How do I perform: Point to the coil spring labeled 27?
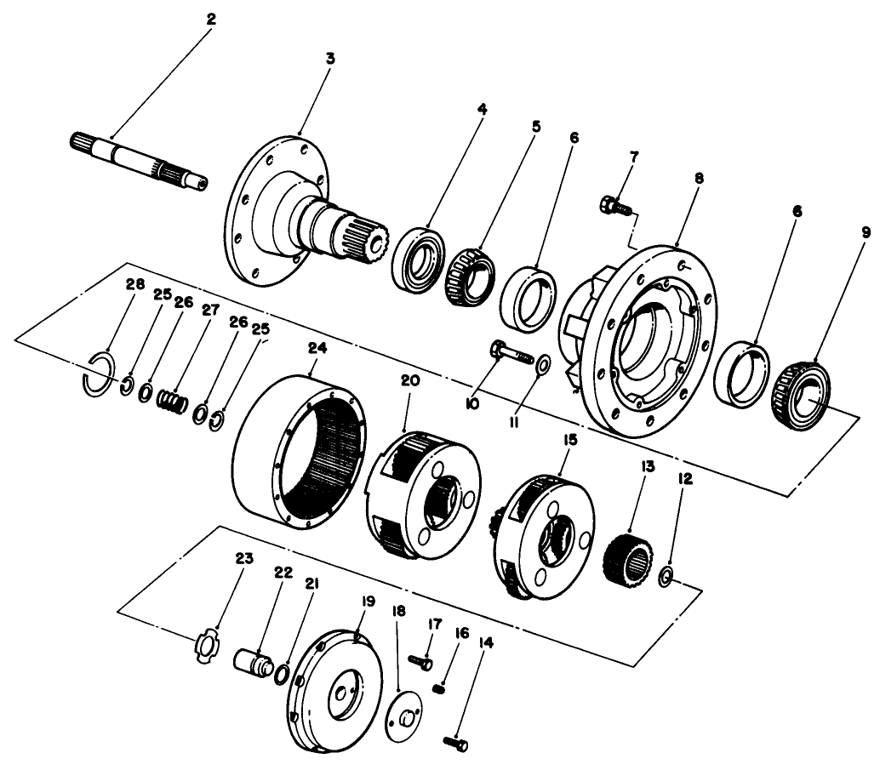173,397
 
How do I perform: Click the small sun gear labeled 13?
627,556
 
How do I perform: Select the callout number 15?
569,440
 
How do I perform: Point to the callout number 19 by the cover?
367,602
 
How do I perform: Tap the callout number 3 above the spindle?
330,58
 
